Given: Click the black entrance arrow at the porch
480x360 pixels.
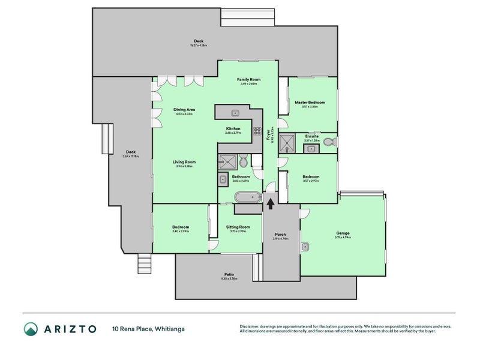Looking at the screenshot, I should point(270,203).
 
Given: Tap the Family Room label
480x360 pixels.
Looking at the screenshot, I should point(248,79).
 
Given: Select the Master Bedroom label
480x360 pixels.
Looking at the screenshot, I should point(310,103).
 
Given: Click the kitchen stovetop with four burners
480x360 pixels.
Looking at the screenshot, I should point(256,131).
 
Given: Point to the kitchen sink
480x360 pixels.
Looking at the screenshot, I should point(236,112).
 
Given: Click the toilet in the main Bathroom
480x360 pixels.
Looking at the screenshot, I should point(243,161).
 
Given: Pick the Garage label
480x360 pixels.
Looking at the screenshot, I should point(343,233).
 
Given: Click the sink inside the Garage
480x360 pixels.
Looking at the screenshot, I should point(305,245).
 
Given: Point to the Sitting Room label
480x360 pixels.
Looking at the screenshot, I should point(238,227).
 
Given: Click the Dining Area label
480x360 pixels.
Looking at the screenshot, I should point(184,110).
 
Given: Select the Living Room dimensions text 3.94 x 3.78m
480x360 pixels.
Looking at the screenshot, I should point(184,166).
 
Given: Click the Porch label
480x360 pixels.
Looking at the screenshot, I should point(280,234).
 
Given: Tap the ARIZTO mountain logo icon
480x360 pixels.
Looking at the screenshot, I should point(31,328).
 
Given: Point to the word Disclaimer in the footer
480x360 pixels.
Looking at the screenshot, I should point(250,326).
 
